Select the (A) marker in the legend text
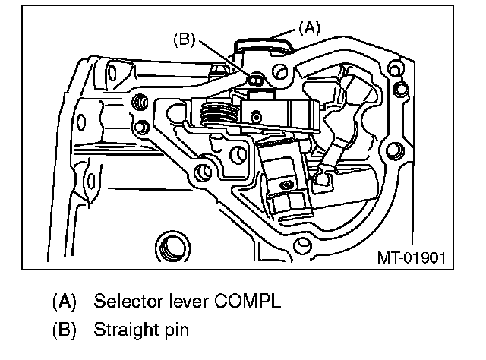[65, 301]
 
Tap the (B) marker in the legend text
[65, 331]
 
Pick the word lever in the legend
[177, 301]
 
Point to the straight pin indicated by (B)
[255, 80]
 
